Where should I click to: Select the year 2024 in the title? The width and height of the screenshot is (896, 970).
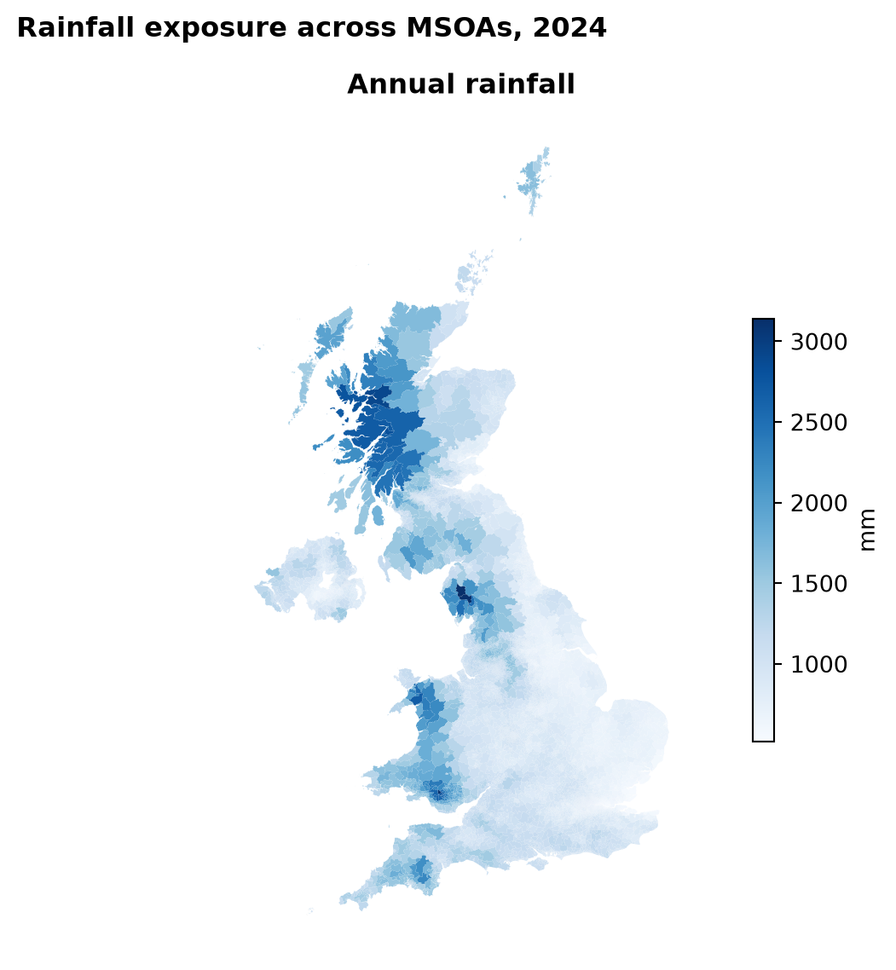(x=569, y=28)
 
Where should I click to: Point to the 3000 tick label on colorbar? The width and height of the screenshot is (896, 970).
(x=818, y=342)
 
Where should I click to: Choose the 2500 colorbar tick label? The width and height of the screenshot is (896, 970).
(x=818, y=423)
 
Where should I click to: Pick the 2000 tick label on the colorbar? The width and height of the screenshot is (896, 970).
(x=818, y=503)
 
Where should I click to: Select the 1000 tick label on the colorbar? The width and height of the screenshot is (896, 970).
(x=818, y=664)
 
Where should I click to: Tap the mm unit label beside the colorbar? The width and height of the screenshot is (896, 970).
(x=868, y=529)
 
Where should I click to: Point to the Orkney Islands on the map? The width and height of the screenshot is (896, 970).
(x=471, y=274)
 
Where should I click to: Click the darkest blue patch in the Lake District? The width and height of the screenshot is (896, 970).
(x=463, y=594)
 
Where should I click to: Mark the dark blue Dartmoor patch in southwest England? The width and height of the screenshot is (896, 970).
(x=421, y=869)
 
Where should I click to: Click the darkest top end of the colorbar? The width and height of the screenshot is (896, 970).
(x=763, y=323)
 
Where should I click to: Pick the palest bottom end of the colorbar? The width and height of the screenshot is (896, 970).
(x=763, y=736)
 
